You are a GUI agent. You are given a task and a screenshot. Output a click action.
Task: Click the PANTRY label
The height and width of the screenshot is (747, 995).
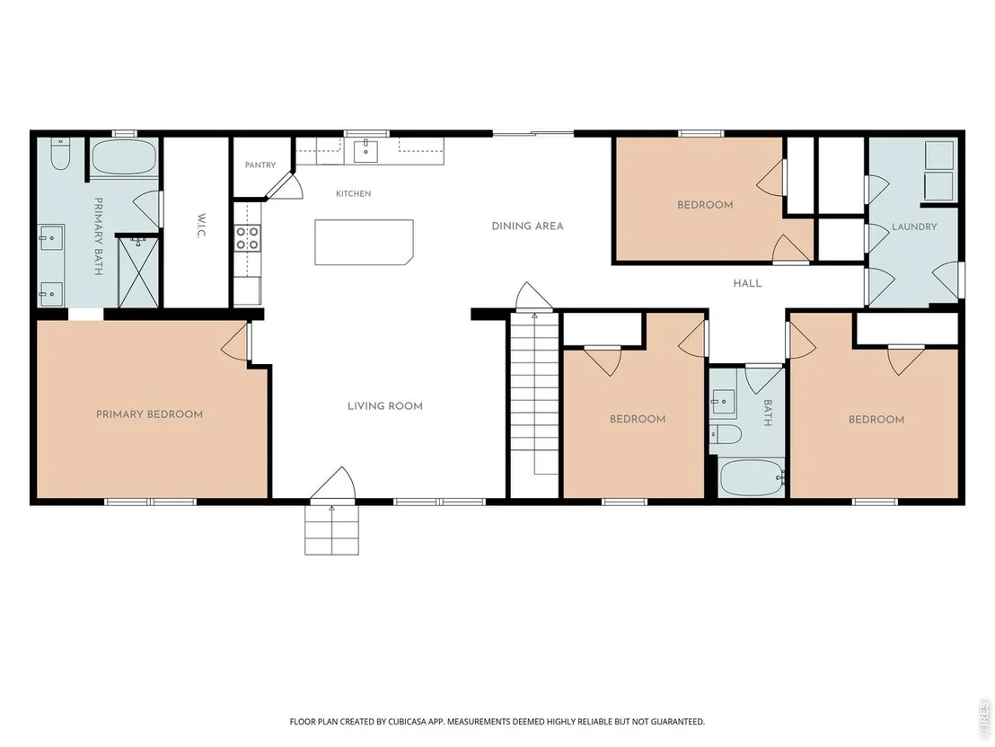point(260,165)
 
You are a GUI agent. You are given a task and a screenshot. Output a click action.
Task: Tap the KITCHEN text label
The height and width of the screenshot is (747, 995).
point(354,194)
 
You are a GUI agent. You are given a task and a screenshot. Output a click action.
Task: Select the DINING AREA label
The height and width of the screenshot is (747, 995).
point(527,227)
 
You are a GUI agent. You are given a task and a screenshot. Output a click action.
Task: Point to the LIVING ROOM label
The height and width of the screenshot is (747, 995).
point(384,406)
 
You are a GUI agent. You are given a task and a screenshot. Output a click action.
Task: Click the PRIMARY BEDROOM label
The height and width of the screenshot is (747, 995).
point(149,414)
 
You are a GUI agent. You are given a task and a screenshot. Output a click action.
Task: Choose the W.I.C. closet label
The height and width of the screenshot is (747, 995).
point(201,226)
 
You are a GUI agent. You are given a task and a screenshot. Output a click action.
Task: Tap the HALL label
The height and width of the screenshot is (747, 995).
point(747,283)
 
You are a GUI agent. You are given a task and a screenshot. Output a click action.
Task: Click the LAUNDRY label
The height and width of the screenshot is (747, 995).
point(914,227)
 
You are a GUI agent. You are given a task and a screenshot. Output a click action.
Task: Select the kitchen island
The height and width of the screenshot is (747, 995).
point(365,242)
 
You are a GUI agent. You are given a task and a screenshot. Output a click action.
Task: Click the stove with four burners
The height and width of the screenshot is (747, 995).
point(248,238)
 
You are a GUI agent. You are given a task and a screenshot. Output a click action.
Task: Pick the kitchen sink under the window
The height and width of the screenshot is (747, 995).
point(365,151)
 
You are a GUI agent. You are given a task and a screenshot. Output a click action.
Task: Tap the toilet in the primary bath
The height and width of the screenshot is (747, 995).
point(60,155)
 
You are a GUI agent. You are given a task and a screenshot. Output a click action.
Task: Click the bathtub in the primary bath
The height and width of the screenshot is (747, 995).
point(124,157)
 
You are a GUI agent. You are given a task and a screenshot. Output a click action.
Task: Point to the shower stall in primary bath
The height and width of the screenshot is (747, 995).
point(138,271)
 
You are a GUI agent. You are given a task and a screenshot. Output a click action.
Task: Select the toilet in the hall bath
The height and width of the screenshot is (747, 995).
point(726,435)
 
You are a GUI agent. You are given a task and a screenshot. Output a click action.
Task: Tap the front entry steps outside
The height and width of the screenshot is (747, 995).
point(332,529)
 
